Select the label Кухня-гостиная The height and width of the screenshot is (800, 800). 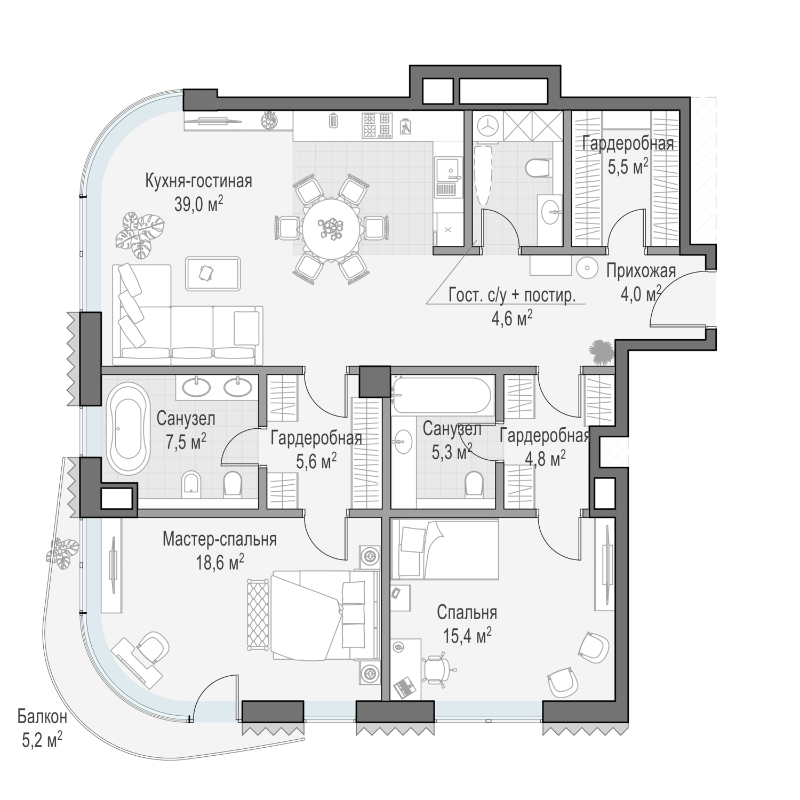198,181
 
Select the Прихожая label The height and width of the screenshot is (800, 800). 641,271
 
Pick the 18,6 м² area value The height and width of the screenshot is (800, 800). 220,562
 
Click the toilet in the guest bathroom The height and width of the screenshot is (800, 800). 537,167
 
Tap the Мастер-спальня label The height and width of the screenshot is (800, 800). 220,539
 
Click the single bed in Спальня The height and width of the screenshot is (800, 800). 445,550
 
